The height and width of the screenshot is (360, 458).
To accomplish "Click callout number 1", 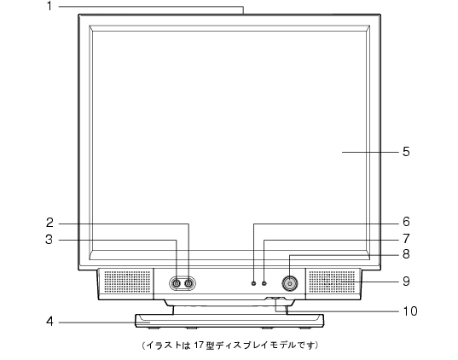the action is (49, 6).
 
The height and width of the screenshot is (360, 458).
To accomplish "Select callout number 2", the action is (49, 223).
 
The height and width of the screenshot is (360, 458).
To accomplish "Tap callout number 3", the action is (49, 240).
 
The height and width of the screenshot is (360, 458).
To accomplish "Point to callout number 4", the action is (49, 322).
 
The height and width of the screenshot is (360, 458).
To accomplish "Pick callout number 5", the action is (406, 152).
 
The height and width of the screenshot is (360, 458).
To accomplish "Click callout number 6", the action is (406, 222).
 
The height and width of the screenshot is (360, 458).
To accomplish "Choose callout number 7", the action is (406, 239).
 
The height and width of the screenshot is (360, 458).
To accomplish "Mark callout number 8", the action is (406, 254).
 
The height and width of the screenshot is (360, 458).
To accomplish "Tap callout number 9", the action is (406, 282).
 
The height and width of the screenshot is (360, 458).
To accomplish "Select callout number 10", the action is (410, 311).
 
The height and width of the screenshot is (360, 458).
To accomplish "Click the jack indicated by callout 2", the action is (189, 283).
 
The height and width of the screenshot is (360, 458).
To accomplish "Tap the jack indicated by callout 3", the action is (177, 283).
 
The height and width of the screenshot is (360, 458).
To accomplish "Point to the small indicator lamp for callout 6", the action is (253, 283).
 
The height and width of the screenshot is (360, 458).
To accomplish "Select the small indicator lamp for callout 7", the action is (264, 283).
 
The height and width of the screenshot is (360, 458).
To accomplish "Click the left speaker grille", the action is (127, 282).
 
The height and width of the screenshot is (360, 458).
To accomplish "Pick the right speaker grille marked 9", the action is (332, 282).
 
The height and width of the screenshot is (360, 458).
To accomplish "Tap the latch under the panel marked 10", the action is (275, 299).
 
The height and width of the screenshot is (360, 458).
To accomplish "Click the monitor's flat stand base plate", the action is (229, 321).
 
